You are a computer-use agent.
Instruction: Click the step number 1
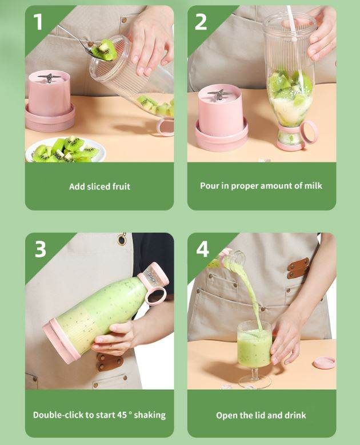pyautogui.click(x=38, y=22)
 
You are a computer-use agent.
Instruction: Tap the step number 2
pyautogui.click(x=201, y=22)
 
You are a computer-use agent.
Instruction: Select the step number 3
pyautogui.click(x=40, y=249)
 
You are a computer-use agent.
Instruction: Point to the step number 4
pyautogui.click(x=202, y=249)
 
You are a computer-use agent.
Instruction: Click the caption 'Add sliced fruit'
pyautogui.click(x=99, y=186)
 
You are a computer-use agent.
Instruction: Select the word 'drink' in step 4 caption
pyautogui.click(x=294, y=415)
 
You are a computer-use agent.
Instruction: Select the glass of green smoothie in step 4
pyautogui.click(x=254, y=349)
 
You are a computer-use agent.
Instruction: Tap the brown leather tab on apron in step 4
pyautogui.click(x=298, y=268)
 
